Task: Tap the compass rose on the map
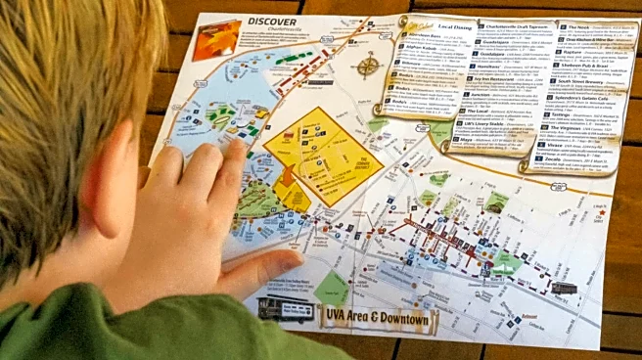[368, 66]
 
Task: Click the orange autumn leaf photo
[215, 39]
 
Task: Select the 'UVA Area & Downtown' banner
[378, 316]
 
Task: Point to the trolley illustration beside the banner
[285, 308]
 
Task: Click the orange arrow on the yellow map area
[286, 176]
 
